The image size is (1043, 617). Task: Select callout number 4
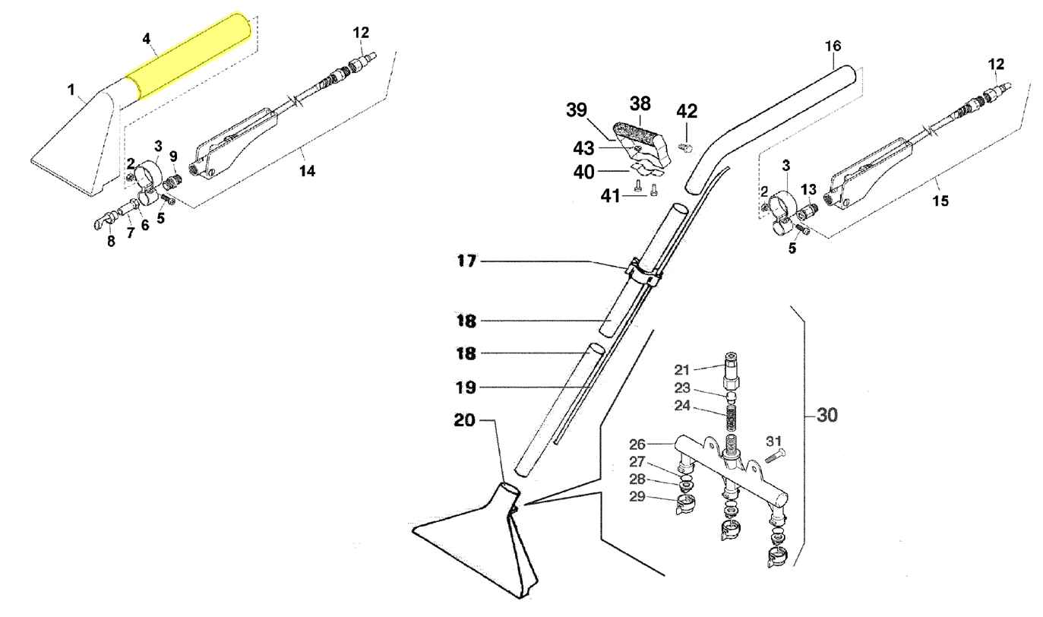tap(147, 37)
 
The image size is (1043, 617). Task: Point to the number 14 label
tap(306, 171)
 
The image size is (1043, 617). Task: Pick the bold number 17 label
tap(466, 261)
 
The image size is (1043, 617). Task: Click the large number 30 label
tap(827, 416)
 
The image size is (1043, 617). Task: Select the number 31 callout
tap(773, 441)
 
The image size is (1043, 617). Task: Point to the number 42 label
tap(686, 111)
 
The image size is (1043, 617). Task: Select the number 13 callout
tap(808, 188)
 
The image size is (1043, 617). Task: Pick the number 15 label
tap(940, 201)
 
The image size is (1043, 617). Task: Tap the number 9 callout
tap(173, 156)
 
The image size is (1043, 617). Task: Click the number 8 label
tap(111, 242)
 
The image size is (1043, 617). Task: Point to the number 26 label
tap(637, 444)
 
